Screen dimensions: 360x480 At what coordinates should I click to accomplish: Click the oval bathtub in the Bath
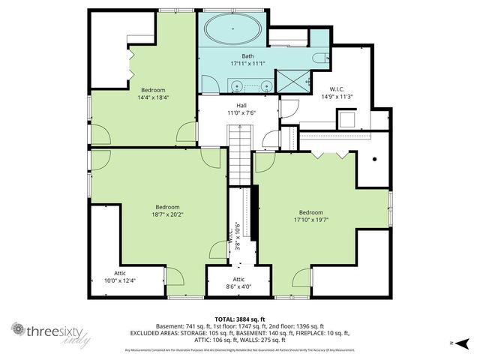click(x=233, y=32)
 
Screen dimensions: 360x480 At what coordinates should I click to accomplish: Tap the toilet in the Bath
click(x=320, y=58)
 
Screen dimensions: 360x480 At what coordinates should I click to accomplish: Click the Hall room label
click(x=241, y=106)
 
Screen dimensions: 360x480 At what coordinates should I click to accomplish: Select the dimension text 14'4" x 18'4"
click(x=153, y=97)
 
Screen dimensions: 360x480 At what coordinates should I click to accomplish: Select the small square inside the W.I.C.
click(x=346, y=120)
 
